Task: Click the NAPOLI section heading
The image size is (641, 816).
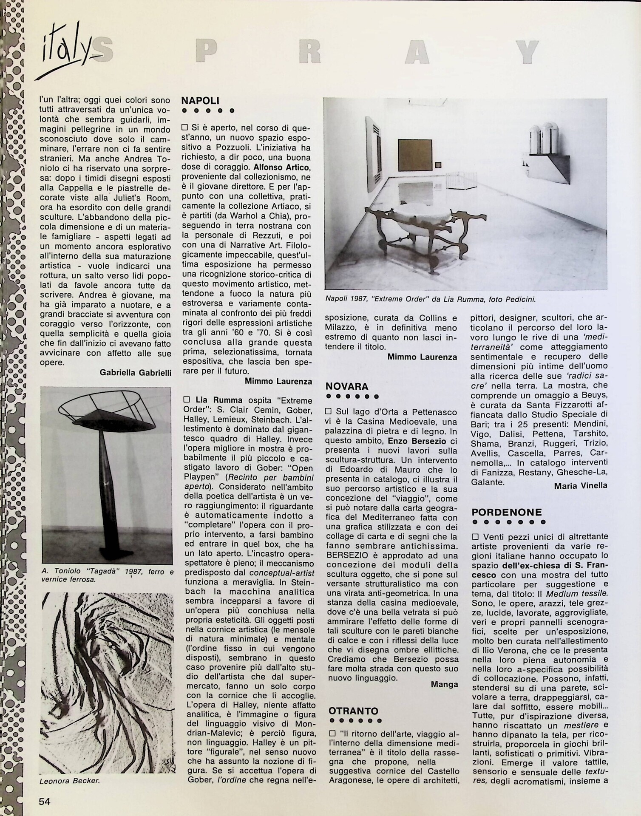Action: pyautogui.click(x=200, y=101)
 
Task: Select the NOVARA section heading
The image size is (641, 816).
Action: pyautogui.click(x=346, y=386)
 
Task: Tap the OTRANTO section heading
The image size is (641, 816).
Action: pyautogui.click(x=353, y=711)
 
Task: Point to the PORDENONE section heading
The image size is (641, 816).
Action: pyautogui.click(x=507, y=512)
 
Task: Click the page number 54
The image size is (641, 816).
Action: pyautogui.click(x=45, y=802)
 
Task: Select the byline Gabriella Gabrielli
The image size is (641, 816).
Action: pyautogui.click(x=136, y=372)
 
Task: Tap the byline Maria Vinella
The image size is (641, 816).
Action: pyautogui.click(x=581, y=485)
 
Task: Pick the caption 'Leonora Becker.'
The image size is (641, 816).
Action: pyautogui.click(x=69, y=781)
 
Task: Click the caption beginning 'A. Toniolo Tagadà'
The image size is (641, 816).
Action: pyautogui.click(x=107, y=575)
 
